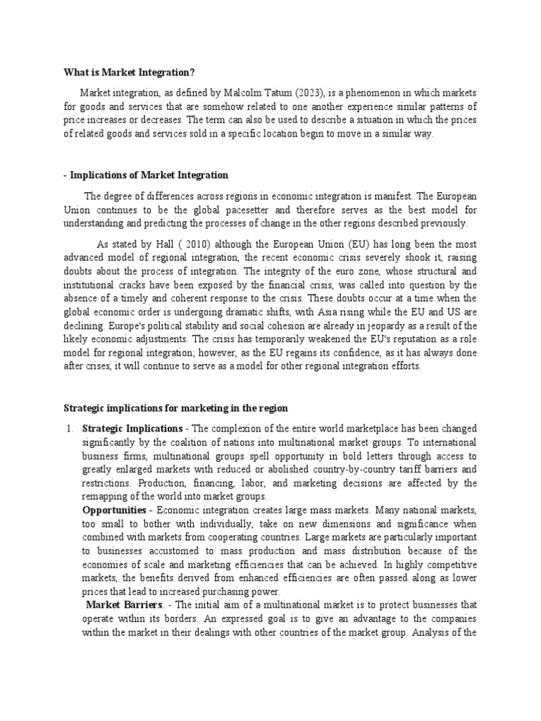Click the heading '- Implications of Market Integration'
pyautogui.click(x=146, y=175)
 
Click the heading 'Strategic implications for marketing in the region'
pyautogui.click(x=175, y=408)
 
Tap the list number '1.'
pyautogui.click(x=69, y=428)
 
